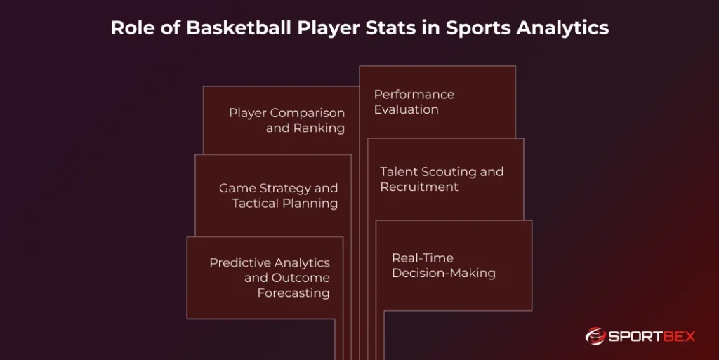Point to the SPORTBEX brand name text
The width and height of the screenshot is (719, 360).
click(x=651, y=337)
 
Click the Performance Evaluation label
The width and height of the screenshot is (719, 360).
click(x=414, y=102)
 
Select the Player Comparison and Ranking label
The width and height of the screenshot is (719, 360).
click(x=286, y=121)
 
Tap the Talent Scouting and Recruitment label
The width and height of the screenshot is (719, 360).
click(x=442, y=179)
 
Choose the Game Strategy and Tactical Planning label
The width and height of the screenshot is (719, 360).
click(x=278, y=196)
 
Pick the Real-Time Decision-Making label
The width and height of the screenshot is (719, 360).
click(x=443, y=265)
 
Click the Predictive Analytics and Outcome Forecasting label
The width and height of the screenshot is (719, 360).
click(x=270, y=277)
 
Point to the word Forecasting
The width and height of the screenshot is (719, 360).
click(x=293, y=293)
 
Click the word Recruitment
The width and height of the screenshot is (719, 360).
click(x=419, y=187)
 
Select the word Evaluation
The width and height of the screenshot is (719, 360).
click(x=406, y=109)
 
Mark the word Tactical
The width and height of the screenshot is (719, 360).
click(x=255, y=204)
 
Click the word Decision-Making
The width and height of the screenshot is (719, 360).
click(x=443, y=273)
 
